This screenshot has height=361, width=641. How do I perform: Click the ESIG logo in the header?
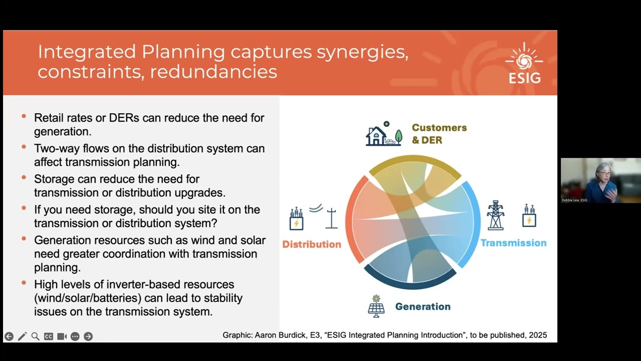[524, 64]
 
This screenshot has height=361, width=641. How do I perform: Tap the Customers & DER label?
[439, 134]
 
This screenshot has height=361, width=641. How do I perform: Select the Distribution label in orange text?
[311, 244]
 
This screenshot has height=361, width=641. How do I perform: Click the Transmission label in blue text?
[513, 243]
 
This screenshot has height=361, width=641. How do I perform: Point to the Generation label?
[423, 306]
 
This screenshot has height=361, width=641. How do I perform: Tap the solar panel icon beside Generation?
[376, 306]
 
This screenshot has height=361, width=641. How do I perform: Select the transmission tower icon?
[495, 216]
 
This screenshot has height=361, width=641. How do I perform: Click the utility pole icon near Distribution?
[331, 218]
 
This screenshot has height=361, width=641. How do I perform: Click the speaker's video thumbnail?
[600, 180]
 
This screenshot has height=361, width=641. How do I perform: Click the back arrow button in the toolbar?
[9, 336]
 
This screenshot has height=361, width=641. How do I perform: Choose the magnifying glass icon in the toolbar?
[35, 336]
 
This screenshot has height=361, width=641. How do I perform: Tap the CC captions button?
[49, 336]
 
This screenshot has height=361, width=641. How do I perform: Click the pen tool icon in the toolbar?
[22, 336]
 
